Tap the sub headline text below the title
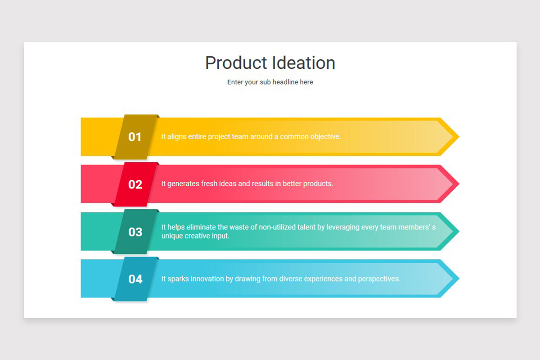[x=270, y=82]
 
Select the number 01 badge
[x=135, y=137]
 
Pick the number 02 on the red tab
[x=135, y=184]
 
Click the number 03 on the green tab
[x=135, y=232]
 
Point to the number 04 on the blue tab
[x=135, y=279]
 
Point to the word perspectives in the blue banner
[x=378, y=279]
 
